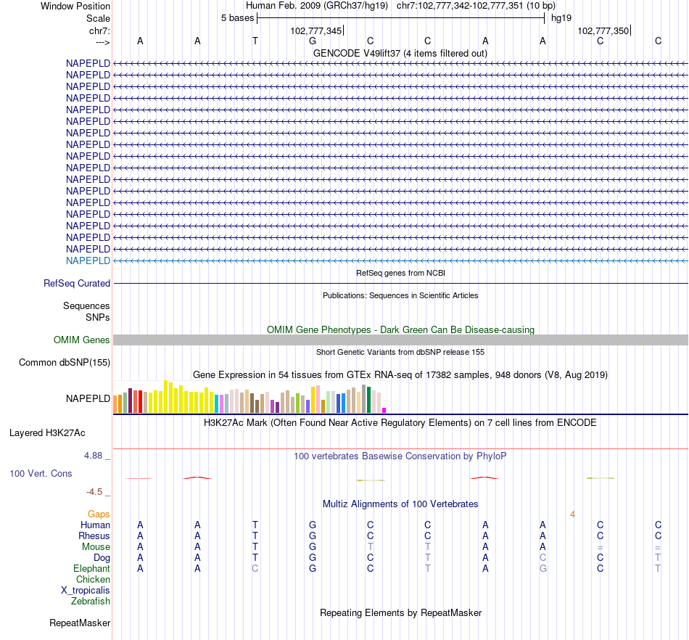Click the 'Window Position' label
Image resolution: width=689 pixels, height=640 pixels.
(x=75, y=6)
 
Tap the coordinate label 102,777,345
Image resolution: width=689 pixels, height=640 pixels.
(x=315, y=30)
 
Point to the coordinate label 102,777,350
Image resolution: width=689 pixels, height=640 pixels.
(x=603, y=30)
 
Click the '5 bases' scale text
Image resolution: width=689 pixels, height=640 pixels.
(x=237, y=18)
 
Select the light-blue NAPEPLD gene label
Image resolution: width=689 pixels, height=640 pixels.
(x=88, y=260)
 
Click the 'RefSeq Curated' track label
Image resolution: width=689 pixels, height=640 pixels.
(x=77, y=284)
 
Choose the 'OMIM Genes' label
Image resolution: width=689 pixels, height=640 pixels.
(x=82, y=340)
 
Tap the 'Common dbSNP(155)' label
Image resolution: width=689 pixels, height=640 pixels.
(x=65, y=362)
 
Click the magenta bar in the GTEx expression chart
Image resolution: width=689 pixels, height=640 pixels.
(x=384, y=410)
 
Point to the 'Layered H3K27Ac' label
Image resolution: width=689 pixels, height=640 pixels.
(x=47, y=433)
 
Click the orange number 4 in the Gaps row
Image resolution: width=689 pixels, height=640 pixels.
(x=572, y=514)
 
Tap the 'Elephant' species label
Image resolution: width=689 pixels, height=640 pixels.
(x=91, y=569)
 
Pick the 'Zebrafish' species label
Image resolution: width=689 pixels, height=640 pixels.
(x=91, y=602)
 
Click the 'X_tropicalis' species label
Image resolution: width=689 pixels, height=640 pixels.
(x=86, y=591)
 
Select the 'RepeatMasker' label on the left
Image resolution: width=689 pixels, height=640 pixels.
(x=80, y=623)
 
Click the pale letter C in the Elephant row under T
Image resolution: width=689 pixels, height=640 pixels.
(x=255, y=569)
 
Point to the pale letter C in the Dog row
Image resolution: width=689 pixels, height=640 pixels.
(x=542, y=558)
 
